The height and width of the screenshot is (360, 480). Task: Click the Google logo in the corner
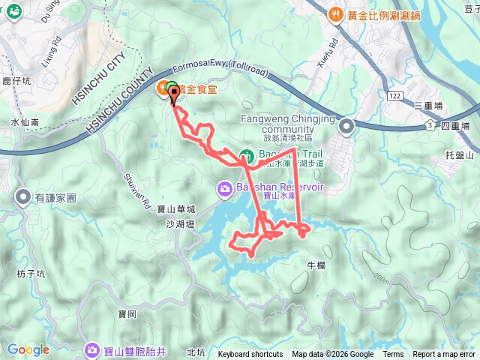28,349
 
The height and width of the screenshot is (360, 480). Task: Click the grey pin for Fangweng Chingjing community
346,127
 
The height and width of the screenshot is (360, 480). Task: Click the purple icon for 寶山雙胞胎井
92,349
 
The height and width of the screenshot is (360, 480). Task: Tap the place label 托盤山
460,155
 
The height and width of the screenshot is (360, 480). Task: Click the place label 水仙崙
24,121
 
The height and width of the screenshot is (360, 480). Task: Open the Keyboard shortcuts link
250,355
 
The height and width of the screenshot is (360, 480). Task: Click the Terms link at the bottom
393,355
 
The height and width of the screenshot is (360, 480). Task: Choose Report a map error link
444,355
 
